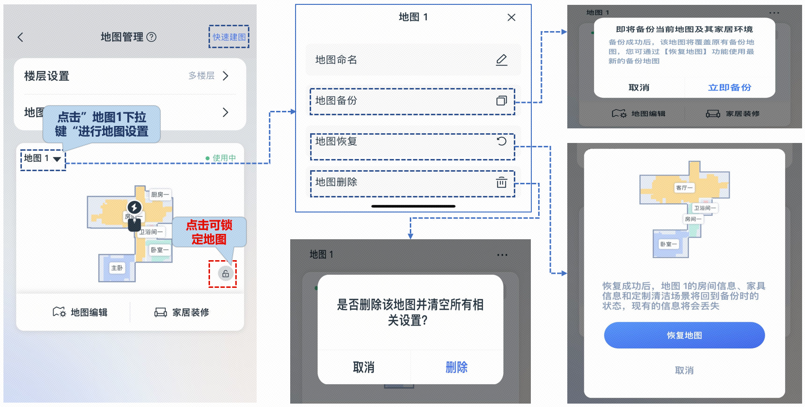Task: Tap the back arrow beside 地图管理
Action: [20, 37]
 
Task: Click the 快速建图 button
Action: [229, 37]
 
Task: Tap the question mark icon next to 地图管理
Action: [152, 37]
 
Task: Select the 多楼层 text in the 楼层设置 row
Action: [201, 76]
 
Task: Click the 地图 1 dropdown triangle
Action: [57, 159]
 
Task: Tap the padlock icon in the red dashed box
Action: [225, 274]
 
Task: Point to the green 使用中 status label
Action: [221, 158]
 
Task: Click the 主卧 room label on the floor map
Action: [117, 268]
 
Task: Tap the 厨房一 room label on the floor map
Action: [160, 195]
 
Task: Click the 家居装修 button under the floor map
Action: [182, 312]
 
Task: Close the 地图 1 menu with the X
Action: [511, 18]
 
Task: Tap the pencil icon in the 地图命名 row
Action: [501, 60]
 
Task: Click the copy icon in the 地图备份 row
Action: [501, 101]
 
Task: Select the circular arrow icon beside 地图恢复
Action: [501, 141]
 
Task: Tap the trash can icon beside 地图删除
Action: [501, 182]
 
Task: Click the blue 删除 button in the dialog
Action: [456, 367]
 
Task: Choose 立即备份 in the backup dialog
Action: [729, 88]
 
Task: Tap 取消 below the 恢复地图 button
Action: [684, 371]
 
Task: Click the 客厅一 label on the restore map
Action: [684, 188]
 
